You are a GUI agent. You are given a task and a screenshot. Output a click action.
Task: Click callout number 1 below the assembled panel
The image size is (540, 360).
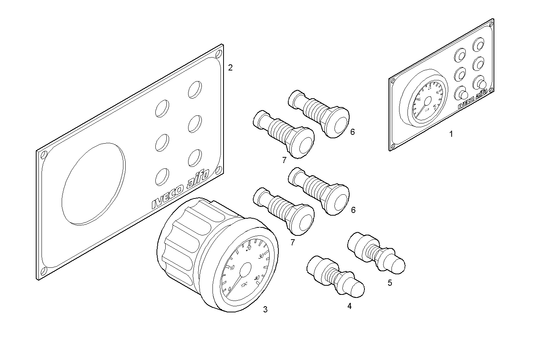point(451,134)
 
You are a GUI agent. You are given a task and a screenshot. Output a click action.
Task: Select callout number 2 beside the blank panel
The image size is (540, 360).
point(230,68)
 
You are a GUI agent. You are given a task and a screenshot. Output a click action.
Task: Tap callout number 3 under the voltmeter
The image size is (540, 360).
point(265,310)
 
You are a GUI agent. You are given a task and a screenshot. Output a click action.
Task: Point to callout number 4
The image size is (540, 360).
point(349,306)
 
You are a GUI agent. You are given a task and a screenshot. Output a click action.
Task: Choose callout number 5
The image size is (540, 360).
point(390,283)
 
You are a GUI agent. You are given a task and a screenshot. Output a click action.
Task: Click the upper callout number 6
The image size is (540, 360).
point(353,132)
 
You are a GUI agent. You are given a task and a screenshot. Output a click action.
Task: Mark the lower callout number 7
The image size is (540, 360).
point(292,242)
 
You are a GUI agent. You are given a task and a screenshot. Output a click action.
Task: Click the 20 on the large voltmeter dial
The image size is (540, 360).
point(249,248)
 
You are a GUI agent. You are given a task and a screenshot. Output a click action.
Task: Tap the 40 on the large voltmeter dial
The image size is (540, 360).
point(257,278)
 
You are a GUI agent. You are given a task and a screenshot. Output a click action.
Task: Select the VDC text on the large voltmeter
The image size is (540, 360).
point(244,283)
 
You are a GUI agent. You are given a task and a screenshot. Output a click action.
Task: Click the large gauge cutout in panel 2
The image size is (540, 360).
point(93,183)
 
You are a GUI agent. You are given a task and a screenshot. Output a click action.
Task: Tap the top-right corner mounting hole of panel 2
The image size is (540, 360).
point(219,53)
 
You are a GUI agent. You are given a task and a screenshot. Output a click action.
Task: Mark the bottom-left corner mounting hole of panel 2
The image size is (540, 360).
point(44,271)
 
